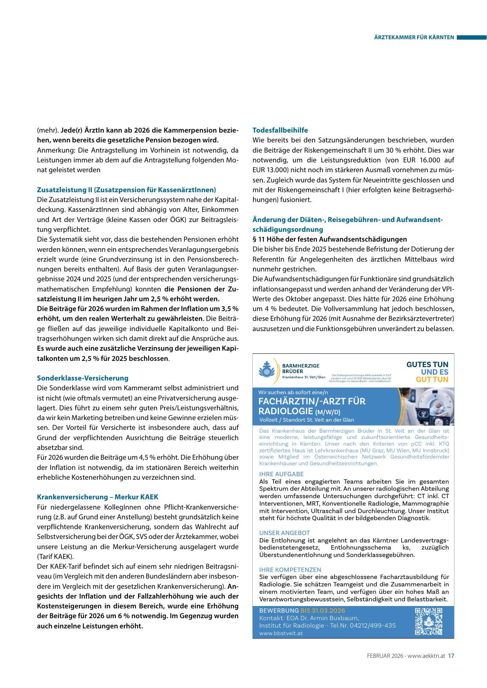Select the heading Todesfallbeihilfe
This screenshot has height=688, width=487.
280,130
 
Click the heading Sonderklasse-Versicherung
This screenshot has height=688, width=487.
82,378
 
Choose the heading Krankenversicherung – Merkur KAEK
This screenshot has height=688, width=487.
97,497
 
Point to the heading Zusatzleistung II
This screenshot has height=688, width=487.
126,190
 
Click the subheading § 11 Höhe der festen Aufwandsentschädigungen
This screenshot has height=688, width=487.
330,239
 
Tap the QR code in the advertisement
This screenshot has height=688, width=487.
429,621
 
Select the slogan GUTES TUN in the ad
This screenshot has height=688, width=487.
427,365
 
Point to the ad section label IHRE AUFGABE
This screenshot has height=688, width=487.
281,474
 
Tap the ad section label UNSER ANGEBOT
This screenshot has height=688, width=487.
285,533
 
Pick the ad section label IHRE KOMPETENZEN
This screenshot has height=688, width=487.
290,570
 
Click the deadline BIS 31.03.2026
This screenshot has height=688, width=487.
323,611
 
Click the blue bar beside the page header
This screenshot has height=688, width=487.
471,38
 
